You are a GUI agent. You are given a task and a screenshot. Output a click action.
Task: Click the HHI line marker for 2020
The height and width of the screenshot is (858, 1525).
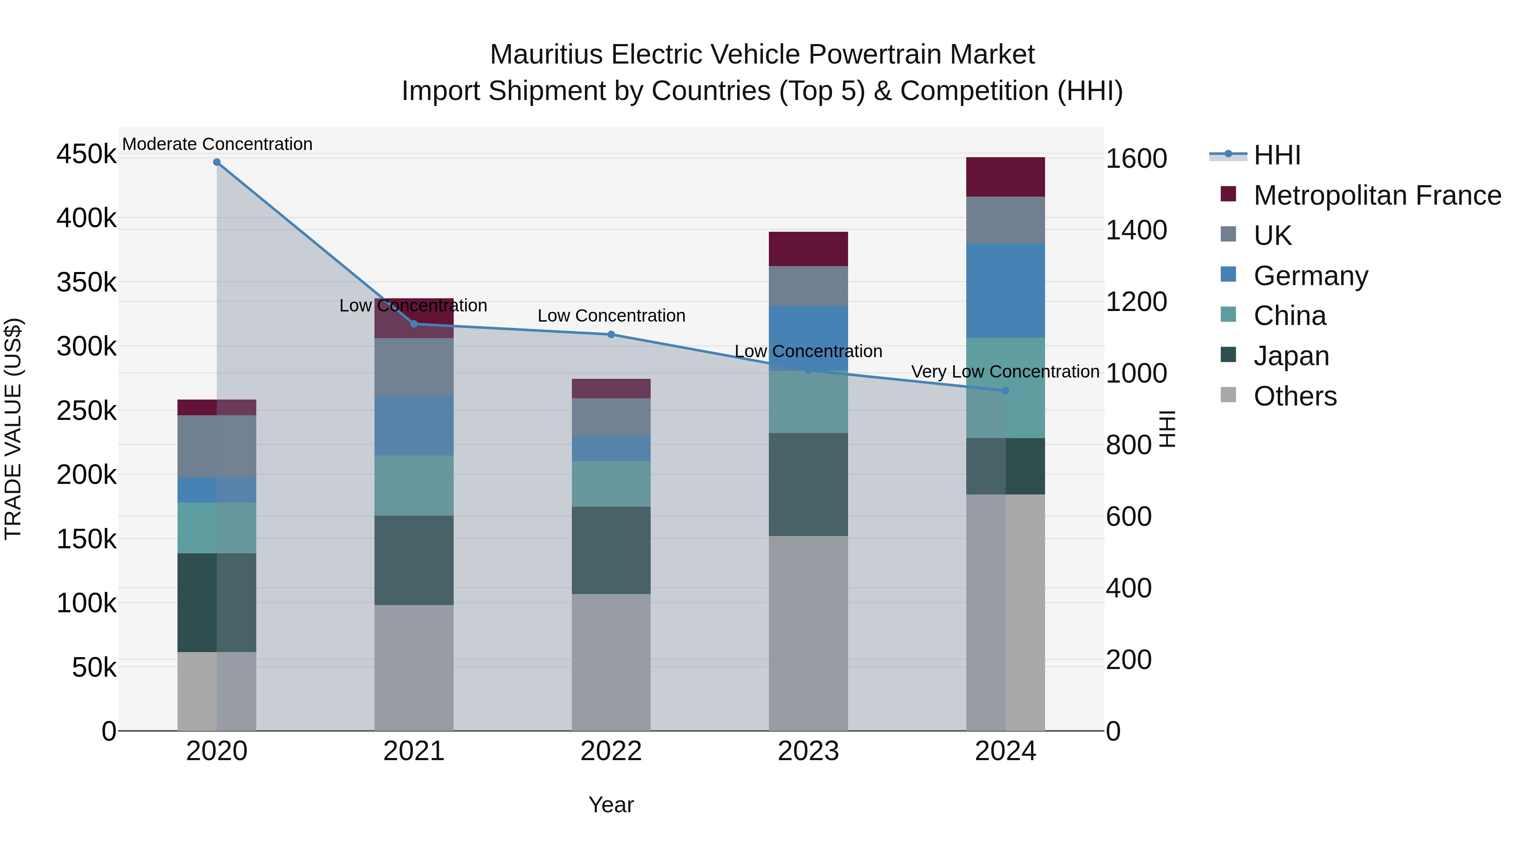[216, 162]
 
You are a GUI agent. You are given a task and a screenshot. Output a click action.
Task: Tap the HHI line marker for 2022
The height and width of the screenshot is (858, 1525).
[612, 335]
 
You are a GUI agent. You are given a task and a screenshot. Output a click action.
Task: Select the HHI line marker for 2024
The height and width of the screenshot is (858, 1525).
[1005, 391]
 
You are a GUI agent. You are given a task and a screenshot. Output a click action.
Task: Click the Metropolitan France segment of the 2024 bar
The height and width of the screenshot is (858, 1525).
[1005, 177]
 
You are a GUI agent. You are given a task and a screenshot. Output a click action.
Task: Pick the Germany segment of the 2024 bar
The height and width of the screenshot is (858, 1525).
[1005, 290]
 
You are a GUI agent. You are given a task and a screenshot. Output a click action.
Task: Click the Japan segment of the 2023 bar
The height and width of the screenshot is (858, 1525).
[808, 484]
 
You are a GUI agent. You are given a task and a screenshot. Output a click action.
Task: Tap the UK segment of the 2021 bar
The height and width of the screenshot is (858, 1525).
[414, 367]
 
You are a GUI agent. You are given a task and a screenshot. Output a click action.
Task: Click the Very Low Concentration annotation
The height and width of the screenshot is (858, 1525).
[1005, 372]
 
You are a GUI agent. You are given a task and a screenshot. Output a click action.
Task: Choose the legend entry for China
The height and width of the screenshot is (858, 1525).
[1289, 316]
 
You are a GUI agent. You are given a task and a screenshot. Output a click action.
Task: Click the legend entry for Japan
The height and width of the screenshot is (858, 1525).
[1291, 356]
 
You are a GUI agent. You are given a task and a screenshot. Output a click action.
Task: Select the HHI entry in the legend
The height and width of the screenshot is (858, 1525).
[1276, 155]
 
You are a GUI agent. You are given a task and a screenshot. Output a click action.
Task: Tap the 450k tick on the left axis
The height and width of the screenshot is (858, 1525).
[86, 155]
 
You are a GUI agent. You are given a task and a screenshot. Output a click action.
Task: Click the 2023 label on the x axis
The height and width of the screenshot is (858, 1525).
[808, 751]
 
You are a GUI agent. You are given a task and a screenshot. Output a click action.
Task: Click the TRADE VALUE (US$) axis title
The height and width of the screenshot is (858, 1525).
[14, 429]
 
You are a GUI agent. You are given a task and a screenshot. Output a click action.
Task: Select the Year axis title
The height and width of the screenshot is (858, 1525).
[611, 805]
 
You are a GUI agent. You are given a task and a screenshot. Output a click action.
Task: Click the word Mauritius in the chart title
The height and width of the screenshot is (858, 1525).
[546, 55]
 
